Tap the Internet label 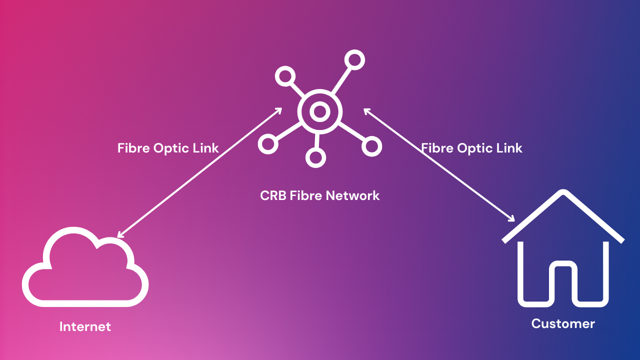tap(85, 327)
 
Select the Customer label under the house tap(563, 323)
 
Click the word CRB tap(273, 195)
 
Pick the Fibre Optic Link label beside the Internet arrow tap(168, 148)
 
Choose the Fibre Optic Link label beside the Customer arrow tap(471, 148)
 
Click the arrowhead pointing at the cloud tap(119, 235)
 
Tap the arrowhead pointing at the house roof tap(511, 218)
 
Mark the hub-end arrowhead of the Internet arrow tap(280, 109)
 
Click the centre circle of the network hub tap(319, 112)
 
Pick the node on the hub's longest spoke tap(354, 60)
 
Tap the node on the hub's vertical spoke tap(315, 158)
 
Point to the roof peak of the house tap(563, 193)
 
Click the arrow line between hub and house tap(439, 165)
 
